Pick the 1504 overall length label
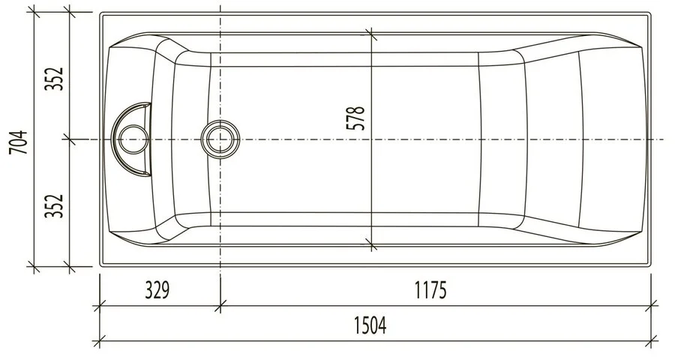coord(369,327)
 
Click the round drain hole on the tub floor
coord(220,139)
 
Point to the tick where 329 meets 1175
coord(220,305)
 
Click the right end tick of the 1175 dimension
coord(651,305)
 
